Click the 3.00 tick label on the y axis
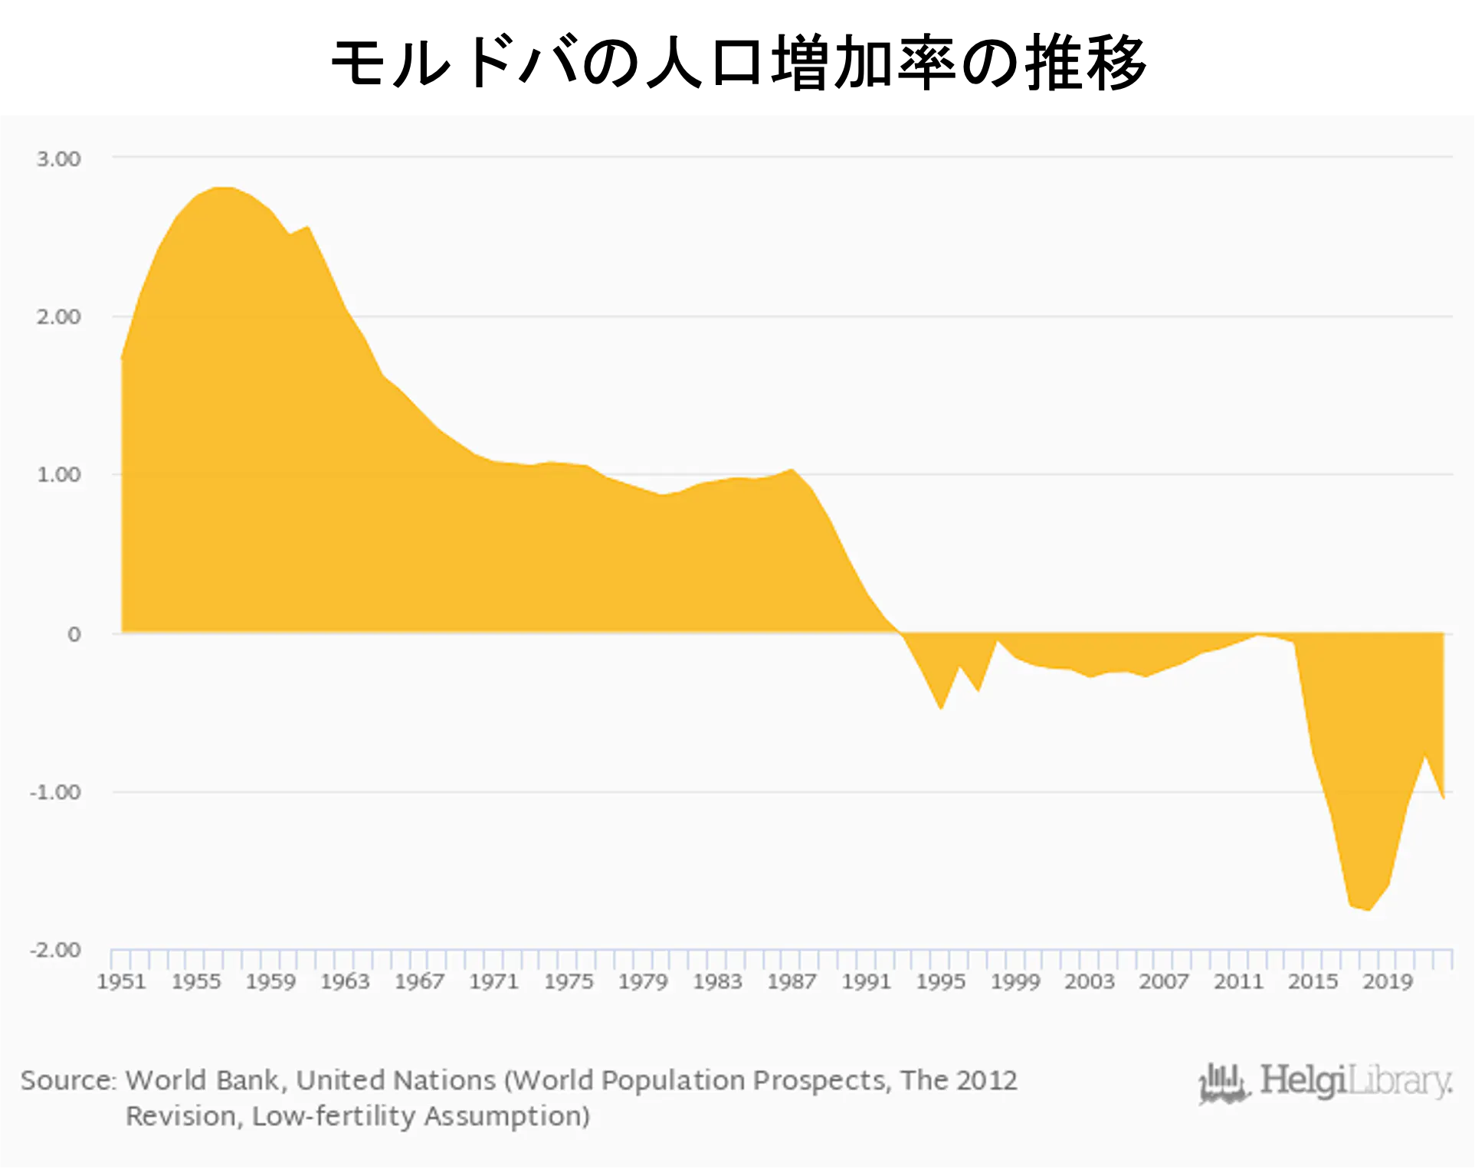(58, 159)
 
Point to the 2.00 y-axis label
(58, 317)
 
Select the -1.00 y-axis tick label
(55, 792)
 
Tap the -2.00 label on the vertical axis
(55, 950)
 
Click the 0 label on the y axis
(74, 634)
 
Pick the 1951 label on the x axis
(121, 982)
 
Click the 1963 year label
(345, 982)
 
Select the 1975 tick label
(569, 982)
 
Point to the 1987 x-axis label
(792, 982)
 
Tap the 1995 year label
(941, 982)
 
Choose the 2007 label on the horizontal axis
(1164, 982)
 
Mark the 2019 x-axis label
(1387, 982)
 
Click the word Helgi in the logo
(1303, 1081)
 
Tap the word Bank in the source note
(251, 1081)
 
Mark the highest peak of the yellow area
(222, 188)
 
